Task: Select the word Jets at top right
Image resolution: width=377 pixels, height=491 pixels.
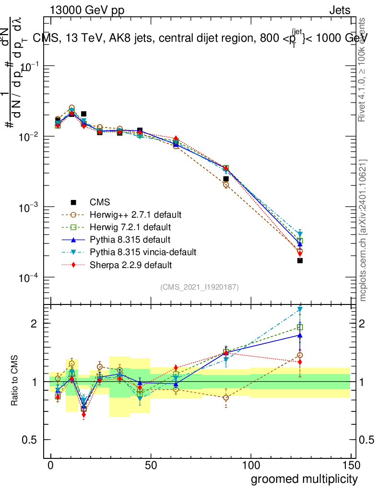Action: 339,11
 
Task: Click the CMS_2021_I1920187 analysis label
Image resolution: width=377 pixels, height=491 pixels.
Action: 200,287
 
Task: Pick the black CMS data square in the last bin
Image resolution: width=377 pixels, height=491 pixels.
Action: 300,260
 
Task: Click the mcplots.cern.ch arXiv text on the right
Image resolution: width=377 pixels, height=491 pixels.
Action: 364,231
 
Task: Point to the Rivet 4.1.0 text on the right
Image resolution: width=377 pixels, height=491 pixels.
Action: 364,70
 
